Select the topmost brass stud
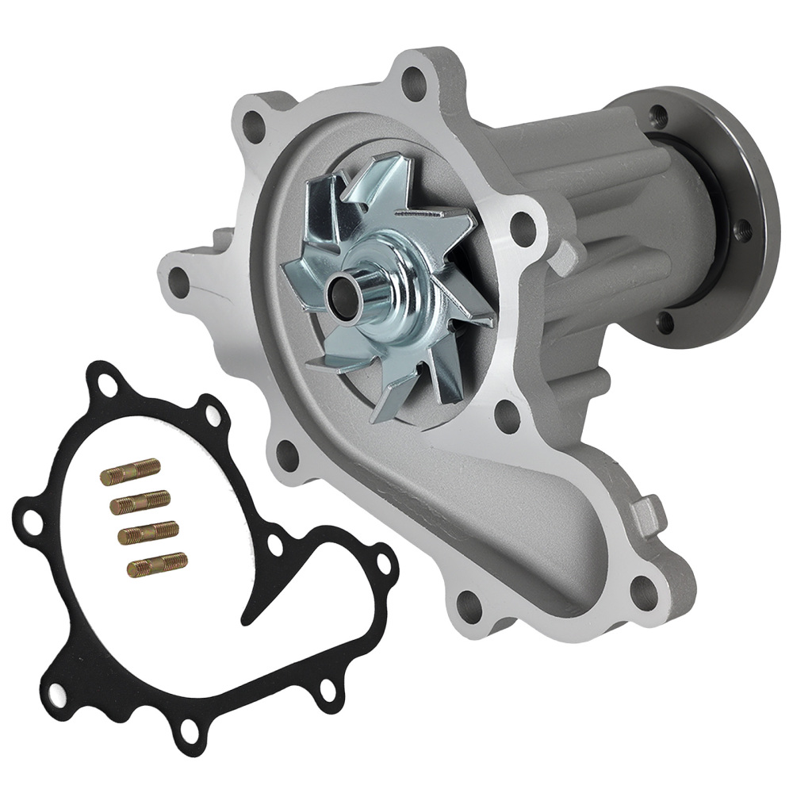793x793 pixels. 131,473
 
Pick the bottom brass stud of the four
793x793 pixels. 158,564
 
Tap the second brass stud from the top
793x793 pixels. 140,502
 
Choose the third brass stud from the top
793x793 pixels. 147,533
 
